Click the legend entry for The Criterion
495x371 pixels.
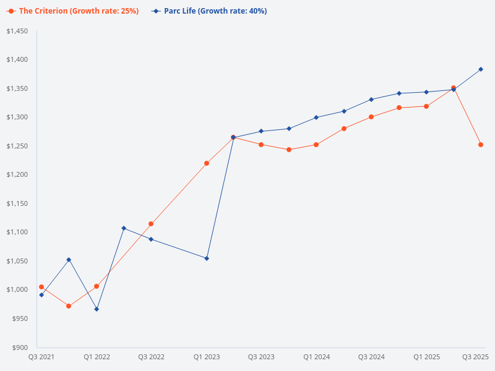point(73,11)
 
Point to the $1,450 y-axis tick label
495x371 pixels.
point(17,31)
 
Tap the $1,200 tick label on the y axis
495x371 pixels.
point(17,174)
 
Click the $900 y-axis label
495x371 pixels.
point(20,347)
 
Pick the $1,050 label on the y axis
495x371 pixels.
point(17,261)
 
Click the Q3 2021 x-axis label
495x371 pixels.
point(41,357)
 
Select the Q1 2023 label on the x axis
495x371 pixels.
point(206,357)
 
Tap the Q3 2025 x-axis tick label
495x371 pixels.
point(476,357)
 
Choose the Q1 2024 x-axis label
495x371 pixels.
point(316,357)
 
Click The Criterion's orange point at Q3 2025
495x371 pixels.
point(481,145)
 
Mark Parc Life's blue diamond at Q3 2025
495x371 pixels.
point(481,69)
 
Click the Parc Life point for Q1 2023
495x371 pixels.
point(207,258)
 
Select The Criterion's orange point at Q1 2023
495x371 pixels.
point(207,163)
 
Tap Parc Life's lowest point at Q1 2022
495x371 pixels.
point(97,309)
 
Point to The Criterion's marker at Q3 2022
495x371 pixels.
point(151,224)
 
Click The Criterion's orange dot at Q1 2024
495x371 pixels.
point(316,145)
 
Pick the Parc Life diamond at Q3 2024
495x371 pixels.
point(371,100)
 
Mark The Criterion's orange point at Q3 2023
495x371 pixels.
point(261,145)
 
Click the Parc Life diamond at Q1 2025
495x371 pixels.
point(426,92)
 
